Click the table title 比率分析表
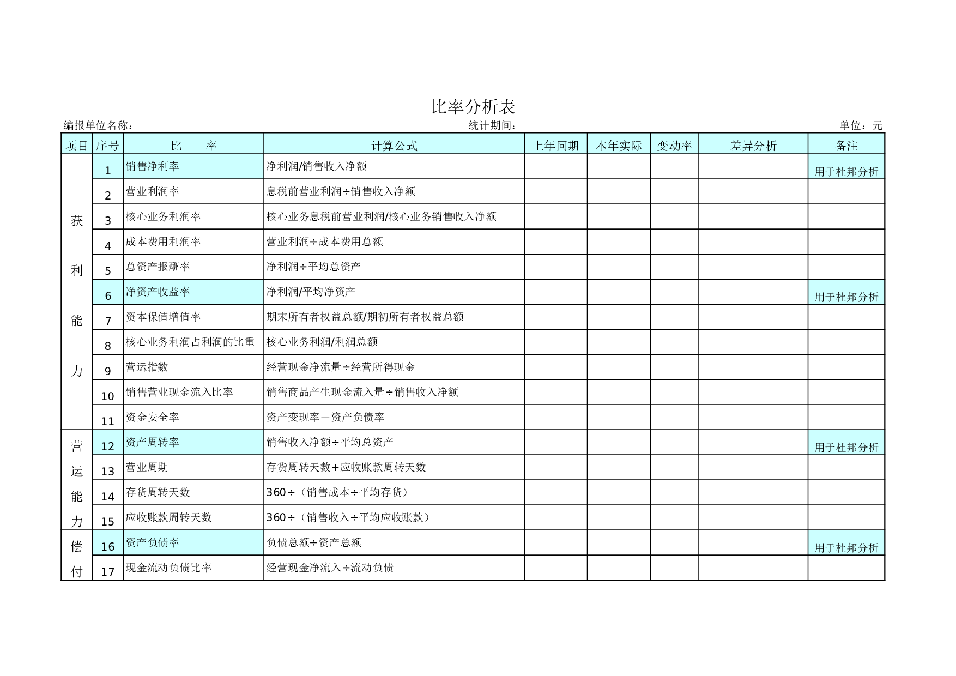[x=473, y=106]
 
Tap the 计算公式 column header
[x=394, y=146]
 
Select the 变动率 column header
[x=674, y=146]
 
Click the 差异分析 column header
[x=753, y=146]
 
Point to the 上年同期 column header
[x=555, y=146]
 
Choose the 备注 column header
[x=846, y=146]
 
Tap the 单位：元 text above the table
[x=861, y=125]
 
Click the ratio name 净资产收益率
[x=158, y=292]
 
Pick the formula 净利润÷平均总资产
[x=313, y=267]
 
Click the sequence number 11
[x=108, y=421]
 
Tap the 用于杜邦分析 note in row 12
[x=846, y=448]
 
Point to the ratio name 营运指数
[x=147, y=367]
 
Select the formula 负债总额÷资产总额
[x=313, y=542]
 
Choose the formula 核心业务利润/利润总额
[x=322, y=342]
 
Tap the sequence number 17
[x=108, y=572]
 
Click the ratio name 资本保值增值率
[x=163, y=317]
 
